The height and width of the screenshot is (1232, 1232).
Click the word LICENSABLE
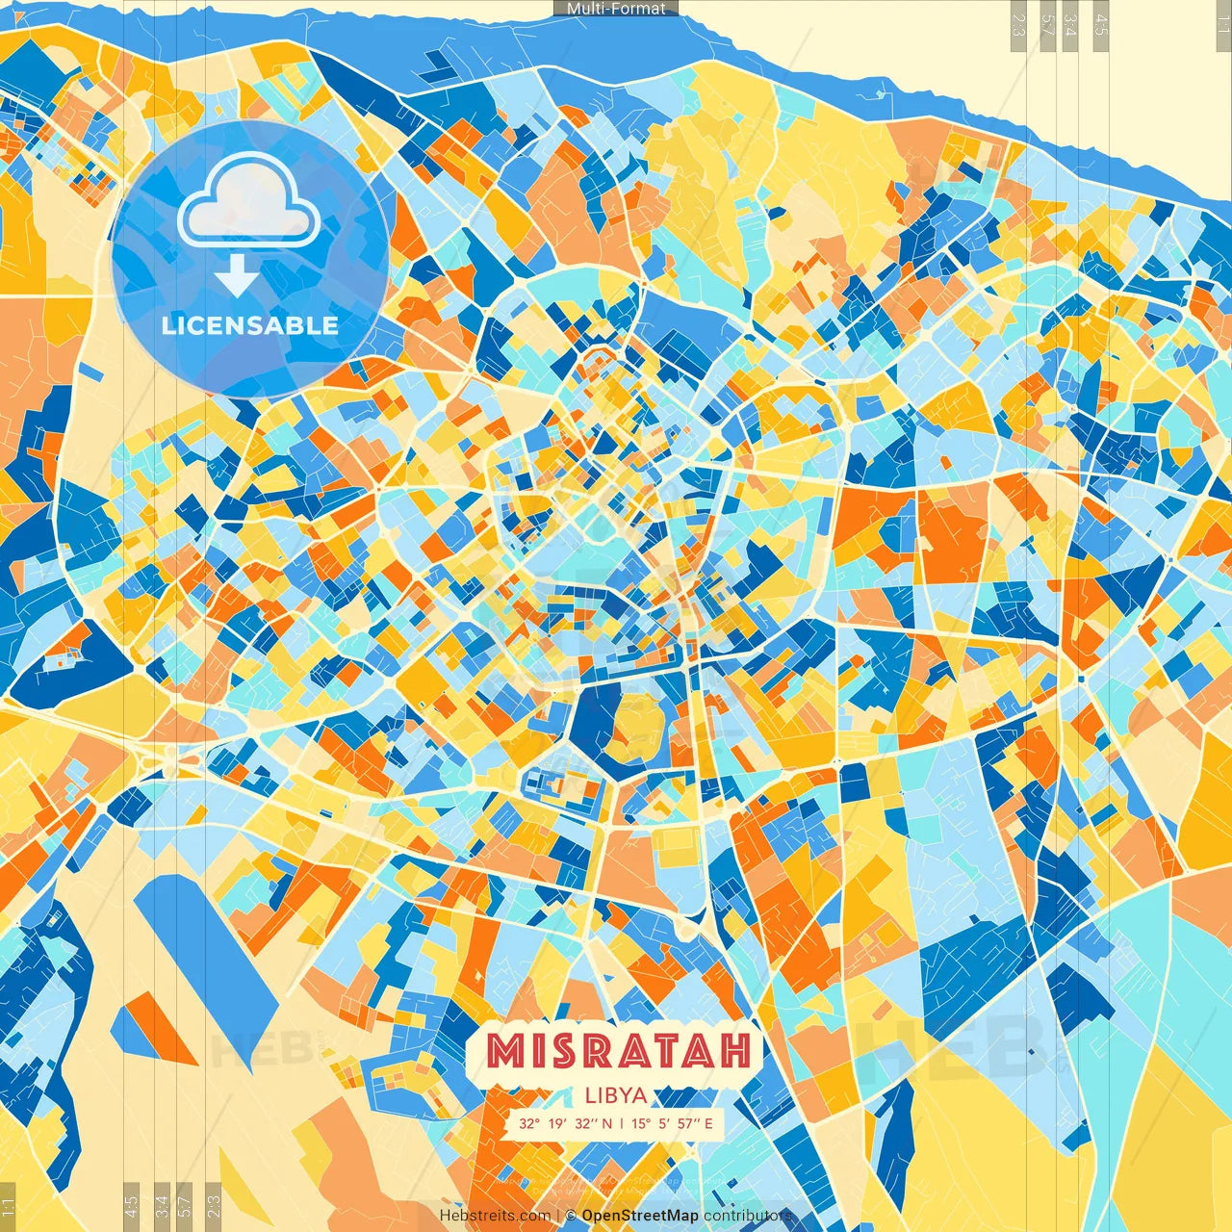pyautogui.click(x=249, y=325)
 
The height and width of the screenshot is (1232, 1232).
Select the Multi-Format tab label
pyautogui.click(x=616, y=9)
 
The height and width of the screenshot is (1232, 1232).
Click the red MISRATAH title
pyautogui.click(x=618, y=1051)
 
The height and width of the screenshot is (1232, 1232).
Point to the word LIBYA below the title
pyautogui.click(x=615, y=1095)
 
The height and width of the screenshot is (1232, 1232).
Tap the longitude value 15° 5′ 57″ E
pyautogui.click(x=672, y=1123)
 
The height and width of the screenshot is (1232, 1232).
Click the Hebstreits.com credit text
pyautogui.click(x=495, y=1216)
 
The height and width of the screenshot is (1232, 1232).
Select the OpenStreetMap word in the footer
pyautogui.click(x=640, y=1216)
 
